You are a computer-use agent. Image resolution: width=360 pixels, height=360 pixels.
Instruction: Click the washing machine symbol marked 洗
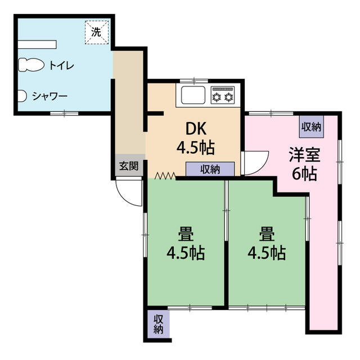(x=97, y=33)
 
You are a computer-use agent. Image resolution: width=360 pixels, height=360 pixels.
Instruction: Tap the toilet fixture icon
(x=31, y=65)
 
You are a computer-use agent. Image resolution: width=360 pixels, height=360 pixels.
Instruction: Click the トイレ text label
(x=62, y=66)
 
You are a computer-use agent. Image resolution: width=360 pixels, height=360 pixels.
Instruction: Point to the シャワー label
(x=50, y=96)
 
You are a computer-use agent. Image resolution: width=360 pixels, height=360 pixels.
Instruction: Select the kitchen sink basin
(x=193, y=95)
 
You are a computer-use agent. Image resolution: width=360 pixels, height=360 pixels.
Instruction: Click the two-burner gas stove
(x=223, y=95)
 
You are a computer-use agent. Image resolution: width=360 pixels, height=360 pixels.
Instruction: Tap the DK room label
(x=196, y=129)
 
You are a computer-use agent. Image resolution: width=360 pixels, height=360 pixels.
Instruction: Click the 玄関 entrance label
(x=129, y=166)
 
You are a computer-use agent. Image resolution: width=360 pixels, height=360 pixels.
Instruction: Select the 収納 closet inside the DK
(x=210, y=169)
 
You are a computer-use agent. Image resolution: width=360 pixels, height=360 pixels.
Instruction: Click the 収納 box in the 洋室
(x=311, y=127)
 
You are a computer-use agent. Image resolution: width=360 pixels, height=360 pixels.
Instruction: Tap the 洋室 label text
(x=305, y=154)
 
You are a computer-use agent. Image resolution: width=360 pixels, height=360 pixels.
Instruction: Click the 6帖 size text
(x=304, y=174)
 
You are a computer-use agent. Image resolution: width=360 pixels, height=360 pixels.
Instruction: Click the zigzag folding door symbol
(x=165, y=175)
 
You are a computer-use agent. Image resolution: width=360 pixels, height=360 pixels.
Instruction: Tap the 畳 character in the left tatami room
(x=186, y=234)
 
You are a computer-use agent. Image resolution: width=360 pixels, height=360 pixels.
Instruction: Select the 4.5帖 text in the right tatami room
(x=267, y=254)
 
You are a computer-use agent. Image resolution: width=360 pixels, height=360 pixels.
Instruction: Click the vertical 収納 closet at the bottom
(x=159, y=324)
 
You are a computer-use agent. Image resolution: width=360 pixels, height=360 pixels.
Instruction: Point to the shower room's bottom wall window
(x=64, y=113)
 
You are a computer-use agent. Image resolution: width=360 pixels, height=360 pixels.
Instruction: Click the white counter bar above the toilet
(x=37, y=44)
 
